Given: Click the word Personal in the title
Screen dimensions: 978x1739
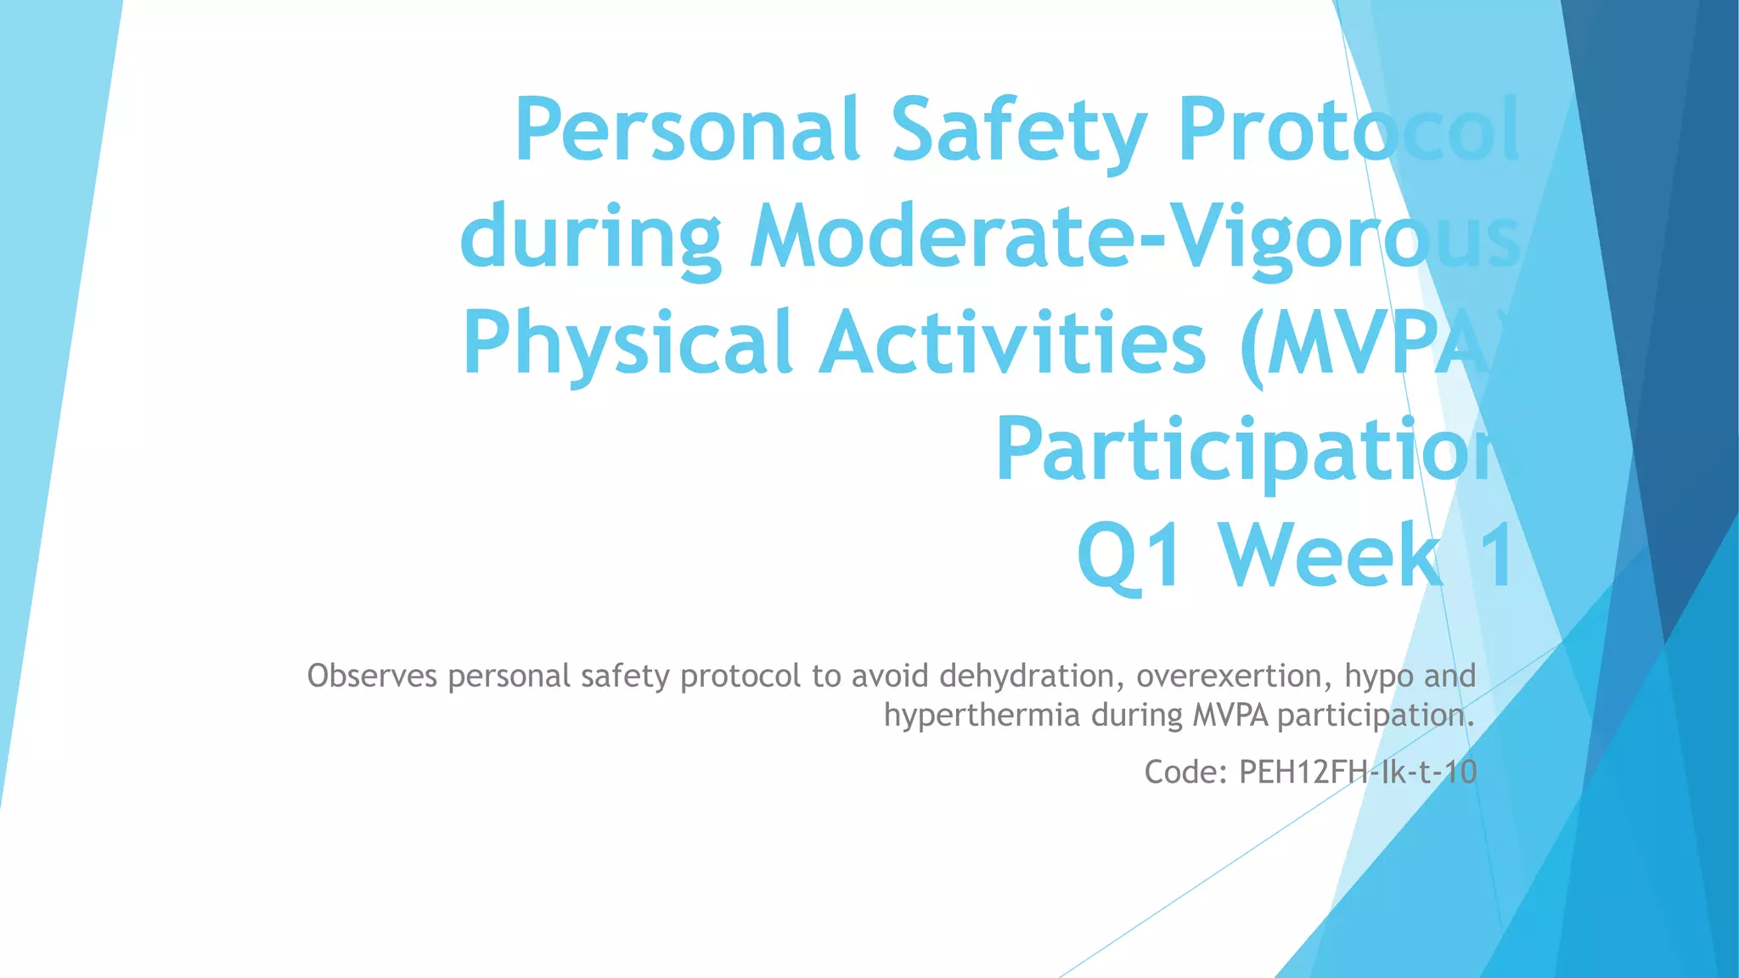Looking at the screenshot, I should [688, 132].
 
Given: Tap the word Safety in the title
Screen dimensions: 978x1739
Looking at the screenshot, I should [1019, 132].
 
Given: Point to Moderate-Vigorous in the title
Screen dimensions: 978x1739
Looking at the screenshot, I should [1134, 238].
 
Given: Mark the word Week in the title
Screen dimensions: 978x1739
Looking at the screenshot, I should [1333, 556].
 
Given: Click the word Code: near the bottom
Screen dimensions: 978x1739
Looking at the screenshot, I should [1186, 772].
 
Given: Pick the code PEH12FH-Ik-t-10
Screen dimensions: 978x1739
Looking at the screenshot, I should [1358, 772].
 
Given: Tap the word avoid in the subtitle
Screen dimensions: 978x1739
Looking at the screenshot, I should [890, 677].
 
